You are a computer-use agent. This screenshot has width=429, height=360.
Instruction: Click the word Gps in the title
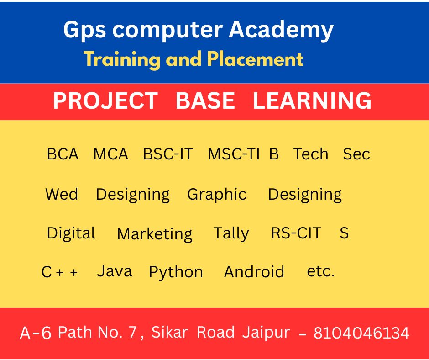84,31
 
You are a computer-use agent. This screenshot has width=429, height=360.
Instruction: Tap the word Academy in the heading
281,31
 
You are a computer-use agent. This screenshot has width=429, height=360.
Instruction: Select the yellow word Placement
255,59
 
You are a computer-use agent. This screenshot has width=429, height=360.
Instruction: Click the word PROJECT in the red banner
105,101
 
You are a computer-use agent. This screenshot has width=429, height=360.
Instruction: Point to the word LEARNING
312,101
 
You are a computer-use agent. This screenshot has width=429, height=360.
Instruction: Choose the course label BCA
63,154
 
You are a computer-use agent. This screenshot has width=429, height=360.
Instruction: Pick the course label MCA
110,154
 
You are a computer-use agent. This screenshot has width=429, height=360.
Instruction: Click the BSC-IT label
168,154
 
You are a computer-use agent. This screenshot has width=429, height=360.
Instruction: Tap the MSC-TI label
234,154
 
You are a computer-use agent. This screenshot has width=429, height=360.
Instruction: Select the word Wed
62,194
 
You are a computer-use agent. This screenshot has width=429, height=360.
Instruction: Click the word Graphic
217,195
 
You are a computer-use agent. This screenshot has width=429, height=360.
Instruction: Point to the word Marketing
155,234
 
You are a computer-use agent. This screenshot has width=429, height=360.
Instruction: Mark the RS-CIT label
296,233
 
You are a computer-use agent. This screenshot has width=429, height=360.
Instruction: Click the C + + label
60,272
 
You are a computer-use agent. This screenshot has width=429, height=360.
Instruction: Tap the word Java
115,271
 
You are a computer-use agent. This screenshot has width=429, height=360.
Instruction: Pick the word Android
254,272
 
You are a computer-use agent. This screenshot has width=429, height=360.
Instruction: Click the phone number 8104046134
361,333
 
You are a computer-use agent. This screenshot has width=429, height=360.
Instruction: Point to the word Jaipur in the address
266,333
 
